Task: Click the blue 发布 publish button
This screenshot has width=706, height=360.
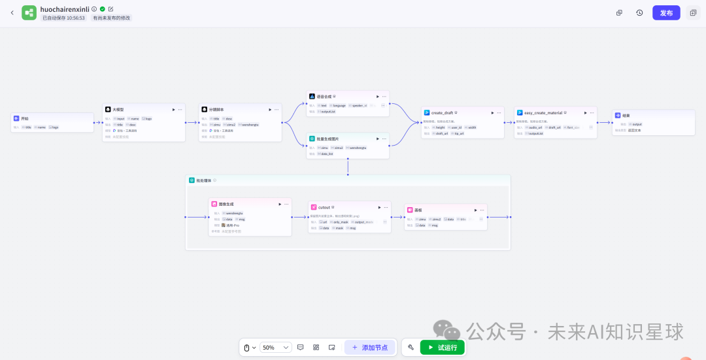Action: (x=665, y=12)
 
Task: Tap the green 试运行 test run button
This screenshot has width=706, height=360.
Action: (x=443, y=348)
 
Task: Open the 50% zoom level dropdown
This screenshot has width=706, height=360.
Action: (x=275, y=348)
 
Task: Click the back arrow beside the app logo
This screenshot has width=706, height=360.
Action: (x=12, y=12)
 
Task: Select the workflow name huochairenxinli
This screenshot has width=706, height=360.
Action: (x=64, y=9)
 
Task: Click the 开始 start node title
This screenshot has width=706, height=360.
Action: (x=25, y=118)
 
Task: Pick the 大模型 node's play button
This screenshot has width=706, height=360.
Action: (x=173, y=109)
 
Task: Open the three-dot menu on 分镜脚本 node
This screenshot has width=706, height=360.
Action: (x=277, y=109)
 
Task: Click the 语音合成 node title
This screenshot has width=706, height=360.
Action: (x=324, y=96)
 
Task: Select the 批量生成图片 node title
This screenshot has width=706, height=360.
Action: (x=328, y=139)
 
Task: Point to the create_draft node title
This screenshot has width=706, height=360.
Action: (x=442, y=112)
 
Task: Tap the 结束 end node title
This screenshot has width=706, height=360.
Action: (x=626, y=115)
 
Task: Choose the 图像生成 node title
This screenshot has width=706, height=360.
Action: (x=226, y=204)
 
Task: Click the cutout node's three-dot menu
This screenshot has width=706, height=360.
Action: (x=386, y=206)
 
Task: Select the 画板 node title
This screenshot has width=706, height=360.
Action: (x=418, y=210)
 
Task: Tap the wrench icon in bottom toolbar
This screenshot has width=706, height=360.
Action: (x=411, y=348)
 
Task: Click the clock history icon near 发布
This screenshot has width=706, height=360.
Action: (x=639, y=12)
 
